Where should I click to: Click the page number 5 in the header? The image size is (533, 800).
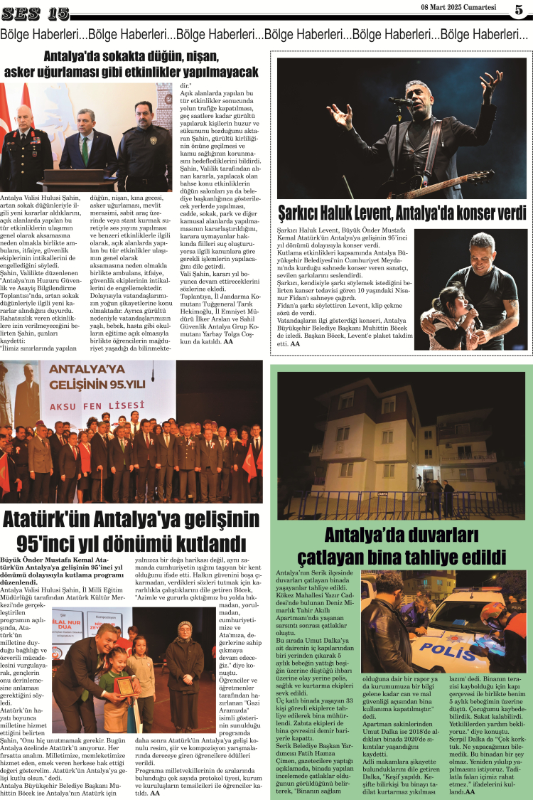click(519, 9)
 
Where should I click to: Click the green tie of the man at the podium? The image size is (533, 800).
click(85, 149)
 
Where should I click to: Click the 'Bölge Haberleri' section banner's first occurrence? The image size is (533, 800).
click(43, 33)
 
